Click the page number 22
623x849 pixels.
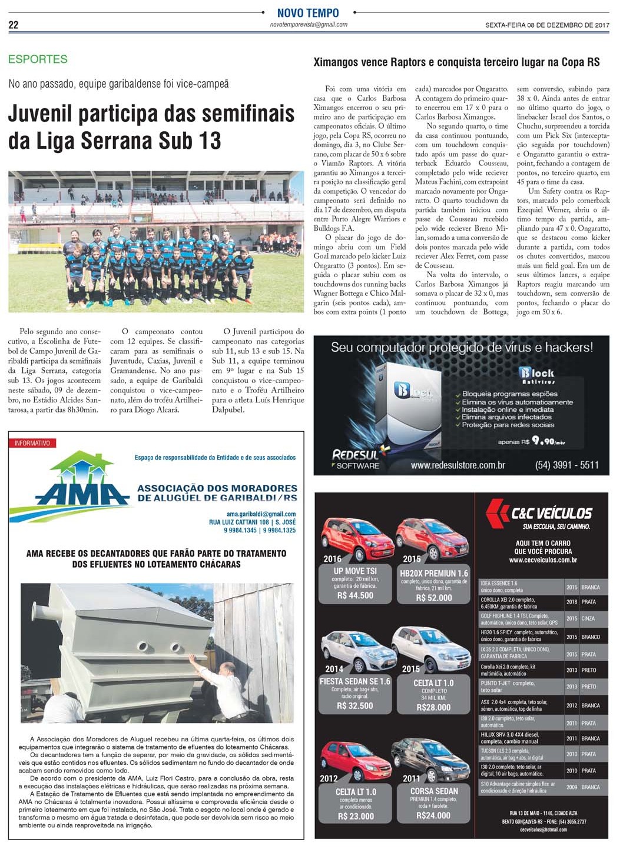tap(13, 25)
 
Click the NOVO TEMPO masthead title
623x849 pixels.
tap(308, 13)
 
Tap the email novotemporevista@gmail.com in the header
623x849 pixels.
tap(308, 25)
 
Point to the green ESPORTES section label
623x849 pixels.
tap(38, 59)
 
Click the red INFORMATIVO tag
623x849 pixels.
tap(32, 443)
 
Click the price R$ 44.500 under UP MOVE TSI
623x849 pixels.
tap(355, 595)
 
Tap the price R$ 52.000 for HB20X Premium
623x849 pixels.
tap(434, 598)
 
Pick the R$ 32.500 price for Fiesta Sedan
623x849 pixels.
tap(355, 705)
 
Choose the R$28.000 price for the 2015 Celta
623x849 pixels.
tap(433, 707)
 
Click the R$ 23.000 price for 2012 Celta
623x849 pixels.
tap(355, 816)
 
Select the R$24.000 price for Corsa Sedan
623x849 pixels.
tap(433, 815)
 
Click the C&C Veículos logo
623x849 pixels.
tap(538, 513)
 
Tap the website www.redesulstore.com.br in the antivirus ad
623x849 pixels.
tap(458, 465)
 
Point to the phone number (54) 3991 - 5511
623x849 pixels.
tap(566, 465)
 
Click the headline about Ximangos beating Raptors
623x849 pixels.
tap(456, 62)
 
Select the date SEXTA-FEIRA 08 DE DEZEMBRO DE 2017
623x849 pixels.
tap(546, 25)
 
